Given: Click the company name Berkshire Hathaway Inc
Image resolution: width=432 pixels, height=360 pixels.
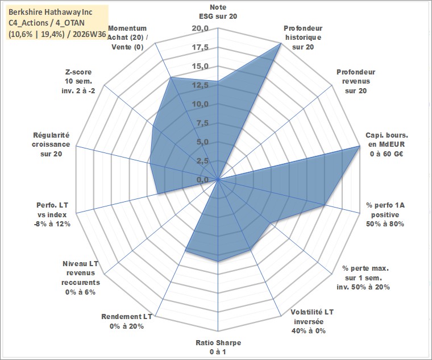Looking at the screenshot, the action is tap(51, 12).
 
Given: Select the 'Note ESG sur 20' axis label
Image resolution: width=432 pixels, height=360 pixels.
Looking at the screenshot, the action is tap(218, 11).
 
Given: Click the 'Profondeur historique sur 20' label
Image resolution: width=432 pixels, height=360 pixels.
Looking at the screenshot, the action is tap(303, 38).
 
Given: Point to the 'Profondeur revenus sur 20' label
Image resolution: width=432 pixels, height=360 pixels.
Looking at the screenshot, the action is tap(356, 81).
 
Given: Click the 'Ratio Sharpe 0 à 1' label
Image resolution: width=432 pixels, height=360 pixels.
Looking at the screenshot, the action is tap(218, 347).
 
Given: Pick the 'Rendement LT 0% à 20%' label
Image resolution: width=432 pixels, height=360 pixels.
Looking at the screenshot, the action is tap(126, 321).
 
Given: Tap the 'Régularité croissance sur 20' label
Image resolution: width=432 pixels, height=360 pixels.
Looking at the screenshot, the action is tap(51, 144).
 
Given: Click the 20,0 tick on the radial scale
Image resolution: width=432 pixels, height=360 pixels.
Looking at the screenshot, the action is tap(200, 28).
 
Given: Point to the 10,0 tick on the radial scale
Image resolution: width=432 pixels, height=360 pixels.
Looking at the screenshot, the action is tap(200, 104).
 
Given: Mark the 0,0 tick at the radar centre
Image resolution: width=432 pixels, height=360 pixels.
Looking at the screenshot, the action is tap(202, 180).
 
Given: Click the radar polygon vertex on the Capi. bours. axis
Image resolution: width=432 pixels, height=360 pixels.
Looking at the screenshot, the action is tap(360, 146).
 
